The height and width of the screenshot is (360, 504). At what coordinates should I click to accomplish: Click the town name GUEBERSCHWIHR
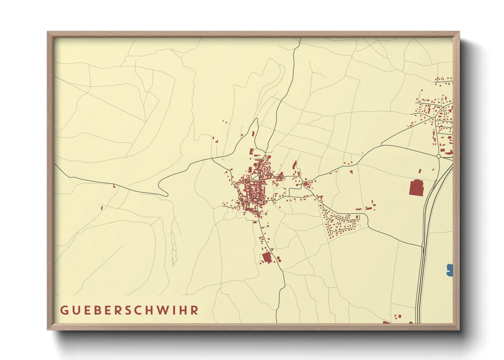(x=130, y=310)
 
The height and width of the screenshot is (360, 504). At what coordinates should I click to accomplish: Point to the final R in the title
(x=195, y=310)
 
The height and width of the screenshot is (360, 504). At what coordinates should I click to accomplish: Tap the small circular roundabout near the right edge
(x=439, y=156)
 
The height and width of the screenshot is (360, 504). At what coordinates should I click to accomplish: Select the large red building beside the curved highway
(x=416, y=188)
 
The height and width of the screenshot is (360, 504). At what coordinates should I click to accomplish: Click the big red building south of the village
(x=267, y=258)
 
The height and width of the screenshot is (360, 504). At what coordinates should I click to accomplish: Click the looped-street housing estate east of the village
(x=341, y=223)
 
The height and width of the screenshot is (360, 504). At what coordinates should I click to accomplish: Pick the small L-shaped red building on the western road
(x=114, y=186)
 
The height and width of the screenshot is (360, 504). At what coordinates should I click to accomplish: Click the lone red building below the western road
(x=101, y=207)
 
